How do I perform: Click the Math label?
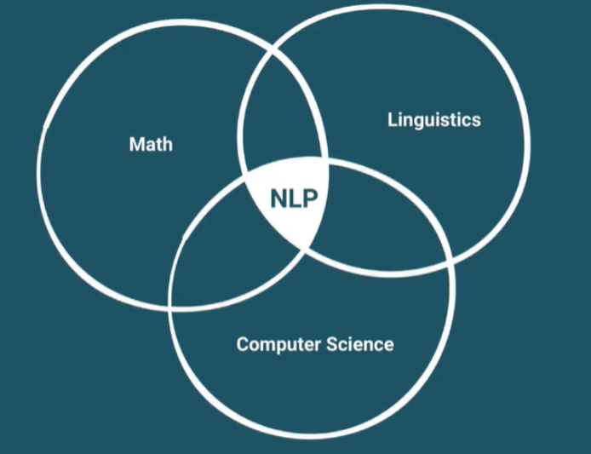pos(151,144)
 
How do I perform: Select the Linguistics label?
pos(433,119)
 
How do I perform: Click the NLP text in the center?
pos(293,198)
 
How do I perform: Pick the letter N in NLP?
pos(278,198)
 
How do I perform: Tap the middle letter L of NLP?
pos(294,198)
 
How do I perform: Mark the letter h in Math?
pos(167,144)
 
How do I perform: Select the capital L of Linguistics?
pos(392,119)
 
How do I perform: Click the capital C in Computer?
pos(243,344)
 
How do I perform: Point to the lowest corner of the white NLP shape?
pos(302,248)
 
